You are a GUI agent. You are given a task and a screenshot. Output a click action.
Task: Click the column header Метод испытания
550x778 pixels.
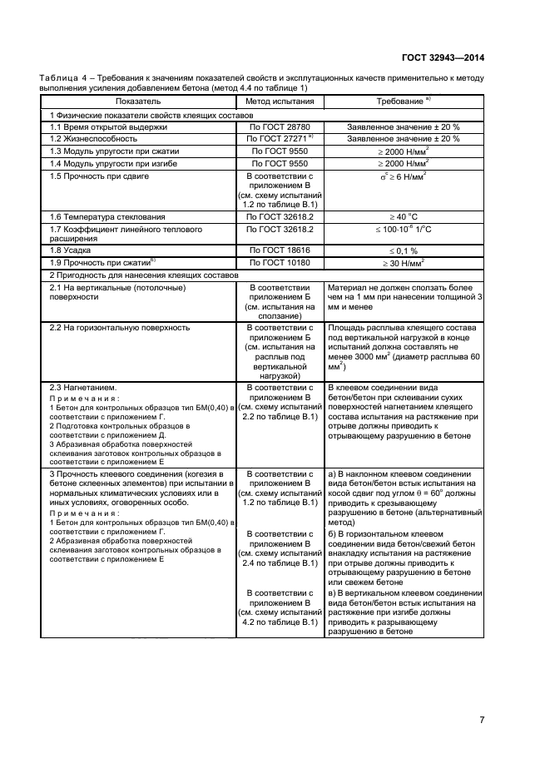(x=280, y=101)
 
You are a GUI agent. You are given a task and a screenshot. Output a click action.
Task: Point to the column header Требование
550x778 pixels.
(x=401, y=101)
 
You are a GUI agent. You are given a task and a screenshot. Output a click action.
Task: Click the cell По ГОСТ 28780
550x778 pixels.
(x=280, y=126)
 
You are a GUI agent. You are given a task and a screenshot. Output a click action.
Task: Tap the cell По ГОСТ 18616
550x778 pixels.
(x=280, y=249)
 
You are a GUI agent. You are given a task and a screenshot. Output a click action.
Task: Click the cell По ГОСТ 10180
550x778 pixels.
(x=280, y=262)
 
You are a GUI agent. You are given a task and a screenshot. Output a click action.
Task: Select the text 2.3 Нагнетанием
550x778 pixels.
(x=83, y=388)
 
